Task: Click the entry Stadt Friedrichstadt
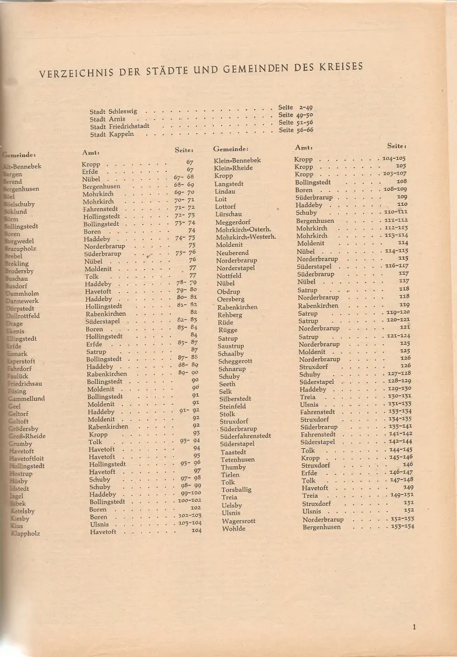point(119,126)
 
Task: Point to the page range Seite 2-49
point(296,107)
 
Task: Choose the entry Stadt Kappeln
point(112,134)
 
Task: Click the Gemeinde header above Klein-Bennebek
point(231,149)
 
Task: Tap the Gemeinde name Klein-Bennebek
point(237,160)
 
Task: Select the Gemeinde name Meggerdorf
point(233,222)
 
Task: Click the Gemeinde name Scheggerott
point(235,361)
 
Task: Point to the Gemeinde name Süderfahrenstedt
point(245,436)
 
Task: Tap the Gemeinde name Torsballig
point(236,490)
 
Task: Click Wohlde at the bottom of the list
point(234,529)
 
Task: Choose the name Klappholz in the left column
point(25,533)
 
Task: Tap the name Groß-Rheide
point(27,436)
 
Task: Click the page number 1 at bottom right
point(414,628)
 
